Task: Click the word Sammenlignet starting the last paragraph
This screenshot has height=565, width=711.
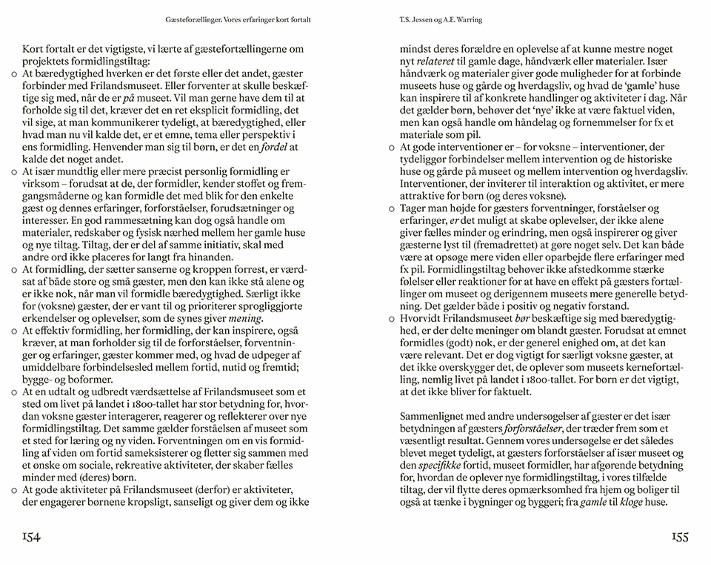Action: (435, 416)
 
